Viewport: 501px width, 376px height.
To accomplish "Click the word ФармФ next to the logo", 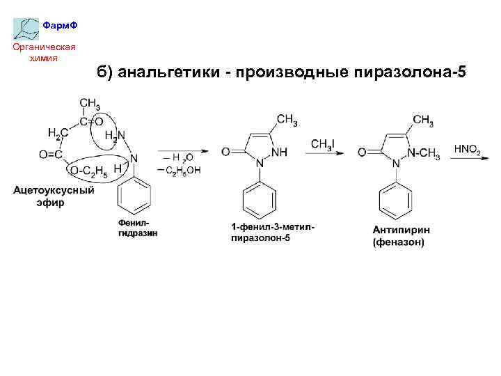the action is (x=60, y=25).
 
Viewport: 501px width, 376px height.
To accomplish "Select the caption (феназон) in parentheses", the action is (x=398, y=242).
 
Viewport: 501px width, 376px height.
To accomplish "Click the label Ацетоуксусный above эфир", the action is (x=54, y=189).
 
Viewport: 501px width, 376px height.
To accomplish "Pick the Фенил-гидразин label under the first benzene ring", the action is (x=137, y=227).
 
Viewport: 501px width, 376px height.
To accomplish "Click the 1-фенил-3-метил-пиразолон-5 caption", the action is (x=278, y=233).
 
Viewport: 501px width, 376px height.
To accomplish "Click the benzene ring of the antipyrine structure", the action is (x=395, y=201).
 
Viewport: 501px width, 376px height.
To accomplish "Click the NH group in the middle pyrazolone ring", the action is (x=278, y=152).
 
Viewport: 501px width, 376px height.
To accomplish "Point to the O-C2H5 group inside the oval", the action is (x=89, y=171).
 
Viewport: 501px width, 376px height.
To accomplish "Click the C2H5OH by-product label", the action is (x=182, y=170).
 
